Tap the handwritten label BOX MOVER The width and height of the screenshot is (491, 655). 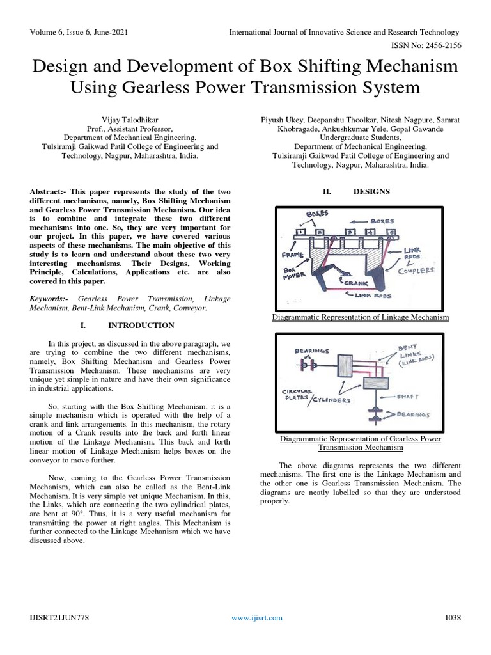290,274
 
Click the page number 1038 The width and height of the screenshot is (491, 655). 453,618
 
